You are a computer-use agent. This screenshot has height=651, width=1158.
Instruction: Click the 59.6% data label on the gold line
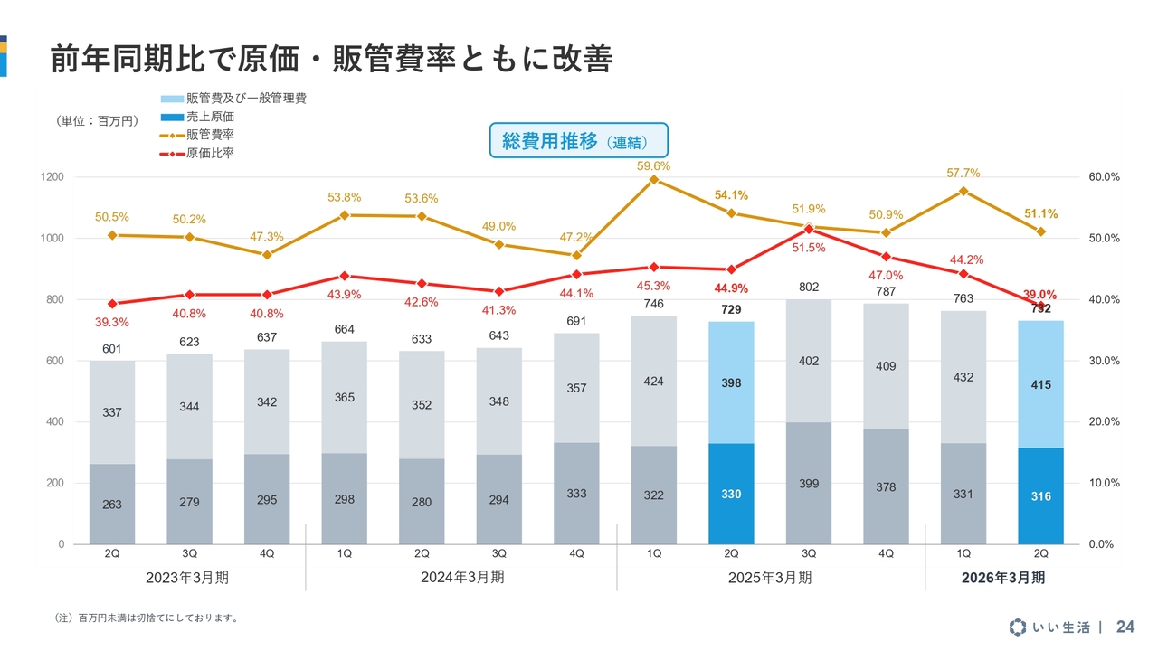(654, 166)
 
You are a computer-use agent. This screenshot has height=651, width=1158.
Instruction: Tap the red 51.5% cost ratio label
(809, 248)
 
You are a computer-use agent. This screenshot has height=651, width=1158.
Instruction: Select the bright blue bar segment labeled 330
(731, 494)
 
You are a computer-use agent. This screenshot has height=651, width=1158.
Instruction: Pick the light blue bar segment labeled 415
(1040, 384)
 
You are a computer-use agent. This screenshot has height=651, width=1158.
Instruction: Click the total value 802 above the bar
(809, 288)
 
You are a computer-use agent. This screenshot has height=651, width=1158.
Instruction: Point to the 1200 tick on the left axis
(52, 177)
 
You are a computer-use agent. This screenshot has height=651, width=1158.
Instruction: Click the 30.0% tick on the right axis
(1105, 361)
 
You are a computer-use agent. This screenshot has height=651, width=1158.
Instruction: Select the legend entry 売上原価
(210, 117)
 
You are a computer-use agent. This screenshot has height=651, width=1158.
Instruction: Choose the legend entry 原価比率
(210, 154)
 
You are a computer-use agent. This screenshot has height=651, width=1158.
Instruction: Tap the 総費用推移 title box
(579, 142)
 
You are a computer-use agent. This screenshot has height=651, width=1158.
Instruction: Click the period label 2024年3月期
(462, 577)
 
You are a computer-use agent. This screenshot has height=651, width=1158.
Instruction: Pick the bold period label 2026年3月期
(1002, 577)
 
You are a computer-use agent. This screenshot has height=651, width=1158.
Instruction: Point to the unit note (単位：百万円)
(98, 120)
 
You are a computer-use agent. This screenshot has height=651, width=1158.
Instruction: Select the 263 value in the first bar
(111, 505)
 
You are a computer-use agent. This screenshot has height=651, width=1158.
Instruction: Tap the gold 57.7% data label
(963, 174)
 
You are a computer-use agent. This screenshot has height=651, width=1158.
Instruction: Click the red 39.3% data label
(111, 323)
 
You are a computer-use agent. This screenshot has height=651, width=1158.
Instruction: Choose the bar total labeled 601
(111, 349)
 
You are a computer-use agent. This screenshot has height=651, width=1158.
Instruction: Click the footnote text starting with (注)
(147, 618)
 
